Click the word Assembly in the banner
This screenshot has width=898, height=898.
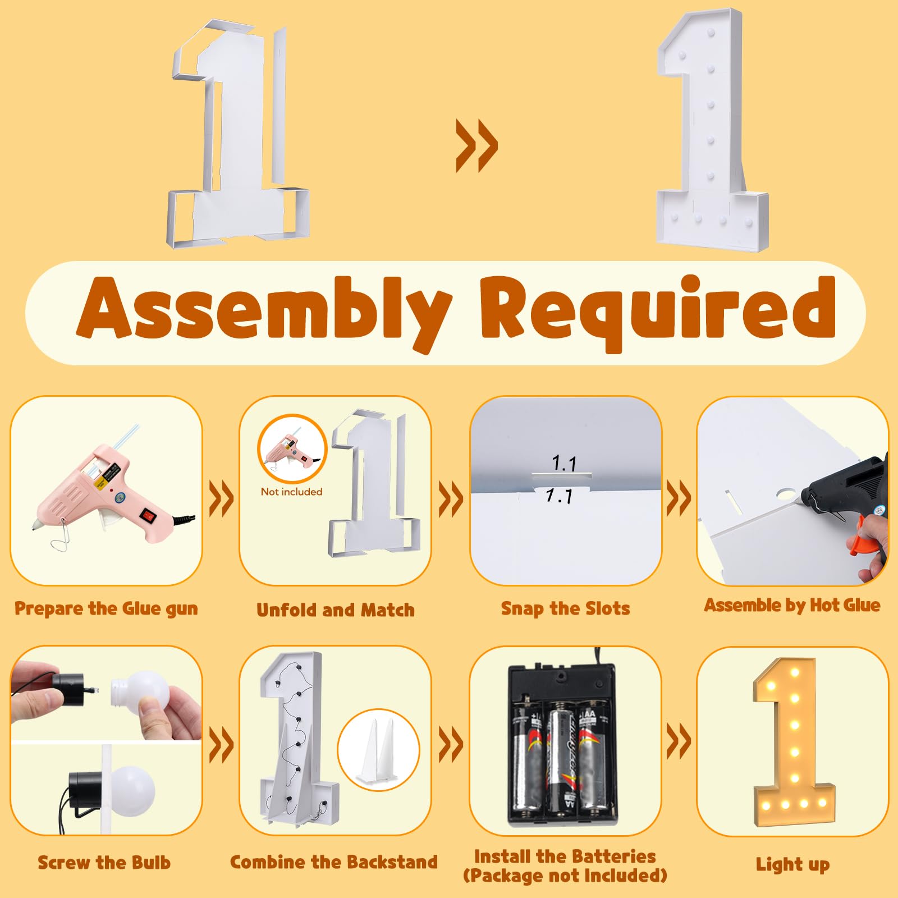pyautogui.click(x=264, y=311)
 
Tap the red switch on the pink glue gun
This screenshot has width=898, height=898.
pyautogui.click(x=149, y=515)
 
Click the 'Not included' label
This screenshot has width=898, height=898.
pyautogui.click(x=292, y=492)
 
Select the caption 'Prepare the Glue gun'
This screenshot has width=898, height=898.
pyautogui.click(x=106, y=609)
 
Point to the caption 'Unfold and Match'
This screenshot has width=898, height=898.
pyautogui.click(x=336, y=610)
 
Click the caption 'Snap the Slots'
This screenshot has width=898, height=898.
pyautogui.click(x=565, y=608)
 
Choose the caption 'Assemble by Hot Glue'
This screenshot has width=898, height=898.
pyautogui.click(x=792, y=605)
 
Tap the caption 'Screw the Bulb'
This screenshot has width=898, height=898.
pyautogui.click(x=104, y=862)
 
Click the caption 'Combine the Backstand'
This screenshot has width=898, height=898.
pyautogui.click(x=334, y=862)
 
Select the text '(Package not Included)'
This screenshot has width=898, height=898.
pyautogui.click(x=565, y=876)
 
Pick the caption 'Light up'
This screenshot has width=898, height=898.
pyautogui.click(x=792, y=864)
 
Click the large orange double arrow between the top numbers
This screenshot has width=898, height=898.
pyautogui.click(x=477, y=145)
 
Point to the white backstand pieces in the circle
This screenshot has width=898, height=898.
pyautogui.click(x=379, y=750)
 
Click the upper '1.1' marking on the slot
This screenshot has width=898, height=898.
pyautogui.click(x=565, y=463)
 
